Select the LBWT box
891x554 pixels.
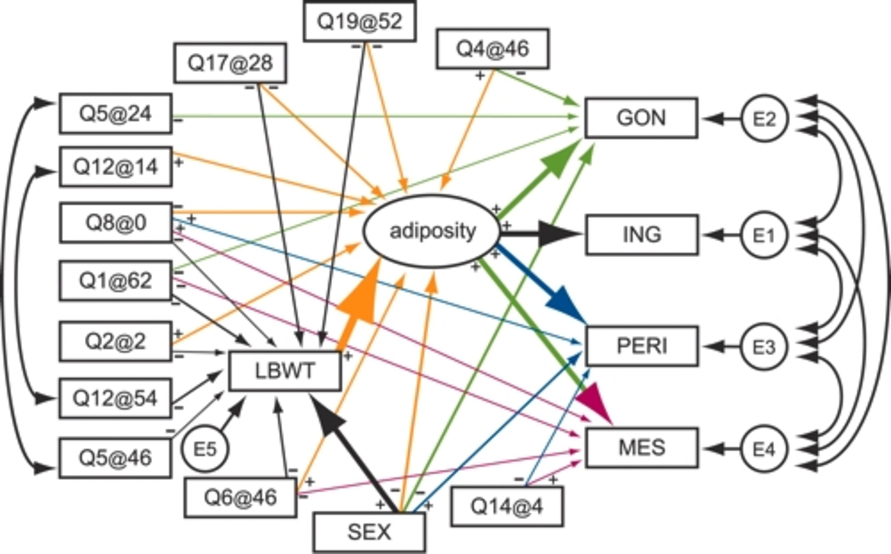click(285, 371)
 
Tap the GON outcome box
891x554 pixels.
click(641, 118)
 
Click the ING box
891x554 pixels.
click(642, 235)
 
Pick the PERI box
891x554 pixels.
click(642, 346)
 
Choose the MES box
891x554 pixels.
click(642, 448)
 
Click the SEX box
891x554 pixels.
click(369, 532)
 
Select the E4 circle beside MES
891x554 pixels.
click(764, 448)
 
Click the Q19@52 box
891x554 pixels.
click(360, 21)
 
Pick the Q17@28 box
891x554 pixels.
click(230, 63)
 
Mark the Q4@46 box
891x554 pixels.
click(492, 49)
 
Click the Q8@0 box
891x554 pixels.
click(116, 223)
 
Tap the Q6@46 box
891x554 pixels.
click(240, 498)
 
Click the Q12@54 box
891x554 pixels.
click(115, 398)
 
